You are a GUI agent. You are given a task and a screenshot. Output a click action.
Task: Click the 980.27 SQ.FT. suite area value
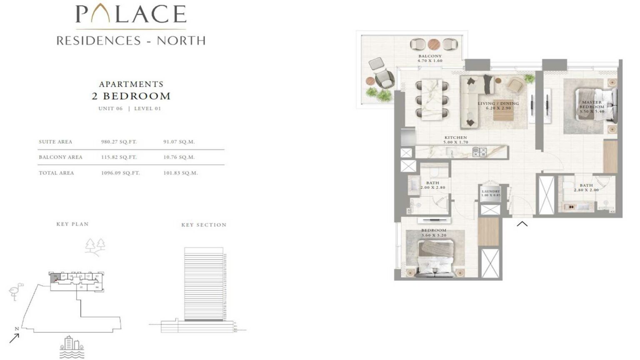tap(119, 142)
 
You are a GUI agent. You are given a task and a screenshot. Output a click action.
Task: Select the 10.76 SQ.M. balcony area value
tap(179, 157)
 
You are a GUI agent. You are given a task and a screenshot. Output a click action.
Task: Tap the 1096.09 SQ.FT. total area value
tap(120, 173)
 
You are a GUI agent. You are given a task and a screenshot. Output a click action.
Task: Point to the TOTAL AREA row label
tap(56, 173)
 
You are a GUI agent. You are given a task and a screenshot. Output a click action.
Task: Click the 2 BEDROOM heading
tap(131, 96)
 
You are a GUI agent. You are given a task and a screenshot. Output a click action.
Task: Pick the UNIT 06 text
tap(110, 108)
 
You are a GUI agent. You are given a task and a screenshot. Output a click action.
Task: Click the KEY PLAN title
tap(72, 224)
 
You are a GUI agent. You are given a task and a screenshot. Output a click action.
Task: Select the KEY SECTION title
tap(204, 225)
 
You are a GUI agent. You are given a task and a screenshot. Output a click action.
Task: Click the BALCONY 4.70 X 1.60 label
tap(430, 58)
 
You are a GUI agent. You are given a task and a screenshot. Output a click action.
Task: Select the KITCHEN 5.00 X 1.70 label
tap(456, 140)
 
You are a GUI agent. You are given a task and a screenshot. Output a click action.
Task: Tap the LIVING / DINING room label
tap(498, 105)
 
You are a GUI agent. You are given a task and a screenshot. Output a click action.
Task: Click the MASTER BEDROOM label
tap(592, 107)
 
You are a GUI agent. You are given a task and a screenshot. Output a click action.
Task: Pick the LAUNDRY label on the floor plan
tap(491, 193)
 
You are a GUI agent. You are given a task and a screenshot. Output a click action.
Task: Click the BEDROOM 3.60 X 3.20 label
tap(434, 232)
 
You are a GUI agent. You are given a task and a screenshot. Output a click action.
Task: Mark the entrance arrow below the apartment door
tap(522, 224)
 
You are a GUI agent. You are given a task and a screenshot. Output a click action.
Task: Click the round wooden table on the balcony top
tap(434, 44)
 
